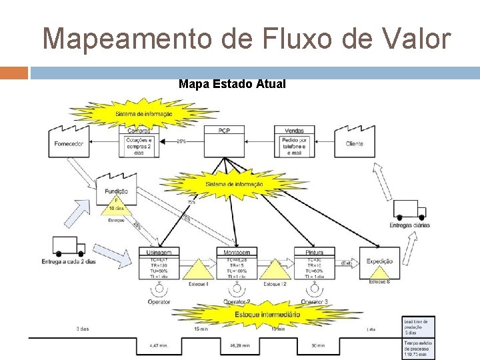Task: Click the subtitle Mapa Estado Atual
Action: point(232,84)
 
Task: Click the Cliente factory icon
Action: point(355,141)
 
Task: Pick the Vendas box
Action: point(294,141)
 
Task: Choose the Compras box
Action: point(139,141)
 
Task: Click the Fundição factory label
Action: point(116,191)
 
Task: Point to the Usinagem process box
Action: point(159,263)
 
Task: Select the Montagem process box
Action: point(237,263)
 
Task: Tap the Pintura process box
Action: point(314,263)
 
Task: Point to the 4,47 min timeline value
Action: point(159,346)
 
